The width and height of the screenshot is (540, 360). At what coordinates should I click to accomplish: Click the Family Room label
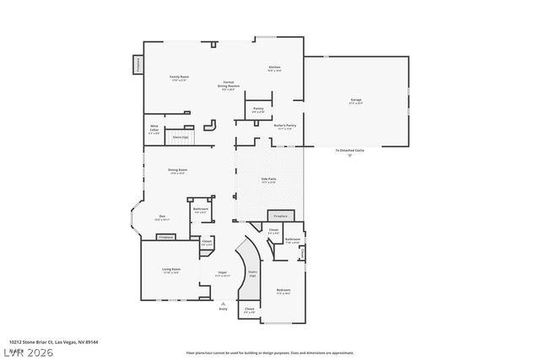(x=179, y=78)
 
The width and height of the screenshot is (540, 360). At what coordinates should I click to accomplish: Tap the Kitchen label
(x=274, y=68)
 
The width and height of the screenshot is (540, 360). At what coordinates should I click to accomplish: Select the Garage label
(x=356, y=101)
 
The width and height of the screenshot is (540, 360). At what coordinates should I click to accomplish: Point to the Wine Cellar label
(x=154, y=131)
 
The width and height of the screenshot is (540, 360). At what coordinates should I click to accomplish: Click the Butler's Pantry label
(x=284, y=127)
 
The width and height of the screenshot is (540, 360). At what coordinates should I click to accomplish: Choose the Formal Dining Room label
(x=229, y=85)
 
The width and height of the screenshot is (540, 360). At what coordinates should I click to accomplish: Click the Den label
(x=161, y=218)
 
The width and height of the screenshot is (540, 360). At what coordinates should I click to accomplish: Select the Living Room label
(x=171, y=271)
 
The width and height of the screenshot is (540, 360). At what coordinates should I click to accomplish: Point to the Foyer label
(x=223, y=273)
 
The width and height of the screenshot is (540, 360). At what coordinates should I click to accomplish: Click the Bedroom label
(x=283, y=291)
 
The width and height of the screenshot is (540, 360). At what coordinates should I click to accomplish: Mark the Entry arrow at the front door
(x=223, y=304)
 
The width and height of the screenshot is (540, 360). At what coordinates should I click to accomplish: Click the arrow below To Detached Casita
(x=350, y=157)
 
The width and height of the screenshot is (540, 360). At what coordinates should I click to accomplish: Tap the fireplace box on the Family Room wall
(x=137, y=65)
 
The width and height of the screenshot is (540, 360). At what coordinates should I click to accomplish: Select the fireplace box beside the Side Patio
(x=280, y=216)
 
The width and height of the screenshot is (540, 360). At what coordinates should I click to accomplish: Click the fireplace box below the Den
(x=166, y=237)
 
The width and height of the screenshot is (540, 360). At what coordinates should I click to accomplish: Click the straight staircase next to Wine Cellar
(x=181, y=136)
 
